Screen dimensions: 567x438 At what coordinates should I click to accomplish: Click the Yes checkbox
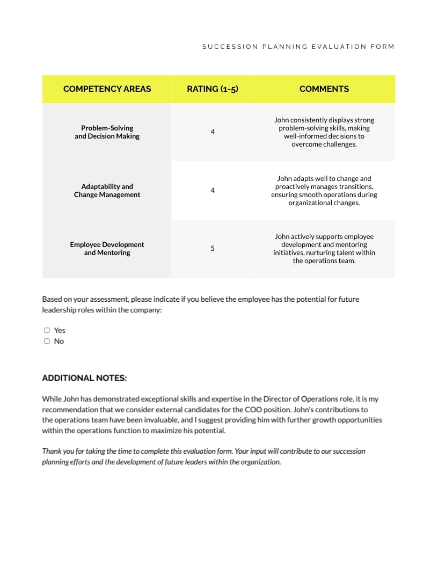[x=47, y=330]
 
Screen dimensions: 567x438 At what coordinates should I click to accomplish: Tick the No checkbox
[x=47, y=341]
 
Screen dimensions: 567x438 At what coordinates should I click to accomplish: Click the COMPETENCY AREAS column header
[x=107, y=89]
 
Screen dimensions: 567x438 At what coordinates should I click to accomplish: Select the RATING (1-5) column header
[x=212, y=89]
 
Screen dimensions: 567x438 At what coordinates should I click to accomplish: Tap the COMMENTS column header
[x=324, y=89]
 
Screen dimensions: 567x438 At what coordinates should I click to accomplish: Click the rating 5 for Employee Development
[x=213, y=248]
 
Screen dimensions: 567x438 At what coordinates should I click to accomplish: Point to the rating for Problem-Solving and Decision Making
[x=213, y=132]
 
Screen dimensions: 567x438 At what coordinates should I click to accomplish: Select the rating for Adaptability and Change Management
[x=213, y=190]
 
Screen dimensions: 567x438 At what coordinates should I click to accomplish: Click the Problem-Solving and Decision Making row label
[x=107, y=132]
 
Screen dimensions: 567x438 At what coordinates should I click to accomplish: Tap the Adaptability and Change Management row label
[x=107, y=191]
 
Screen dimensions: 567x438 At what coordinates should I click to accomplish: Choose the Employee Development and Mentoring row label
[x=107, y=249]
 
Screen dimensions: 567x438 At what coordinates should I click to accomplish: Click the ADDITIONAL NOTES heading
[x=84, y=378]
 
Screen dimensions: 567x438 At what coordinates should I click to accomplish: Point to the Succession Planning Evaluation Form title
[x=298, y=47]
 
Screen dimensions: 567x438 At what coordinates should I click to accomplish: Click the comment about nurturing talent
[x=324, y=249]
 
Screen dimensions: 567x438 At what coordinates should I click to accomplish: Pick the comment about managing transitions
[x=324, y=191]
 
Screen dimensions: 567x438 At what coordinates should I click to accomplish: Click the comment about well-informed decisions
[x=324, y=132]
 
